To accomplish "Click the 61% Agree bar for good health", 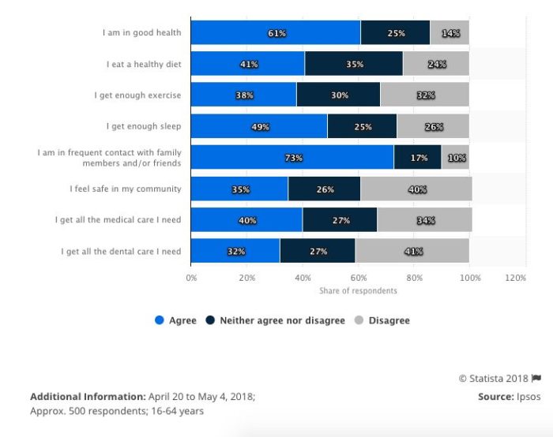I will (276, 33).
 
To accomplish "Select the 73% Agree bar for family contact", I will (292, 158).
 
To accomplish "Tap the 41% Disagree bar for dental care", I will (412, 252).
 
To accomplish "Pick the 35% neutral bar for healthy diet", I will (353, 64).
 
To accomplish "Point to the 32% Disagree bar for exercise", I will (424, 95).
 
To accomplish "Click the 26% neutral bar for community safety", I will (324, 189).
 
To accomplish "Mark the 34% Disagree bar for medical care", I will (424, 221).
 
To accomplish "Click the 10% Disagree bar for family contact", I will (455, 158).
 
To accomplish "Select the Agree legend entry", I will (176, 320).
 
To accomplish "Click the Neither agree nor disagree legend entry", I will (276, 320).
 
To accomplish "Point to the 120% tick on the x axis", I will (515, 278).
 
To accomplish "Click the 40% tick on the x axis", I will (303, 278).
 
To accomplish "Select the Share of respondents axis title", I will (358, 291).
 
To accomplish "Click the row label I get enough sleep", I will (144, 126).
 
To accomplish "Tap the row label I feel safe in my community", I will (126, 189).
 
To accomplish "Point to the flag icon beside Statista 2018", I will (536, 379).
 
